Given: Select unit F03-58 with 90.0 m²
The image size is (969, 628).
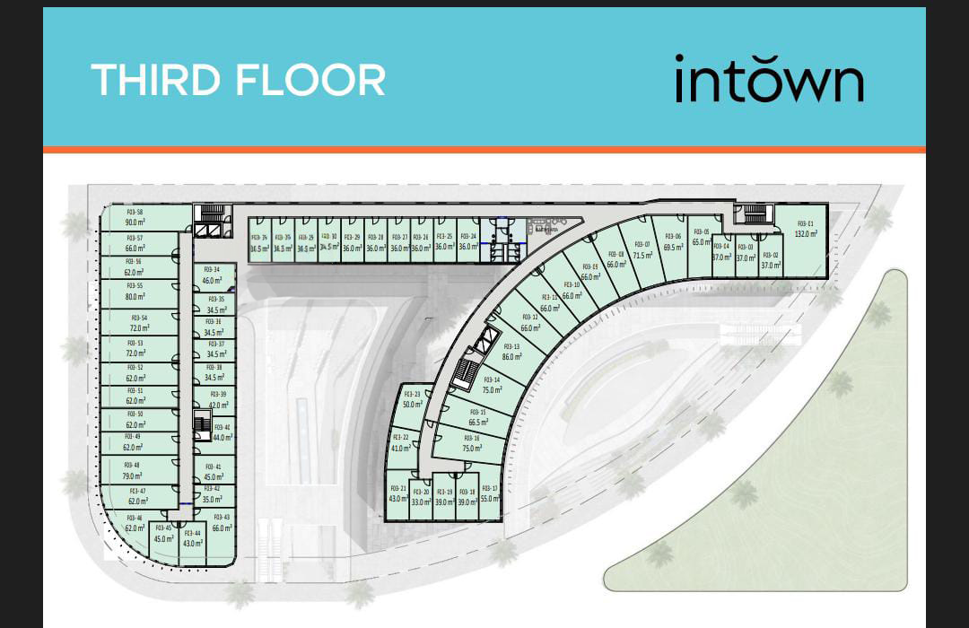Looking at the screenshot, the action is coord(135,217).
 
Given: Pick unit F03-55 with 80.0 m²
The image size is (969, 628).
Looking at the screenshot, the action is coord(135,292).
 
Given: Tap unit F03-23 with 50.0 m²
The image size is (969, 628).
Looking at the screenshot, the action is coord(412,399).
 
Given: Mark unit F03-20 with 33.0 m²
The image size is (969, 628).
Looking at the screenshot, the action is coord(420,498).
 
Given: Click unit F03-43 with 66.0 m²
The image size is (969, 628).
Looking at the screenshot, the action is coord(221,523).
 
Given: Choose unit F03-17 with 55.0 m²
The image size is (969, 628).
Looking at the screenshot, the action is coord(489,494).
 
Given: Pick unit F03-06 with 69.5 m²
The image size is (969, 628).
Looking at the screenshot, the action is coord(673,242).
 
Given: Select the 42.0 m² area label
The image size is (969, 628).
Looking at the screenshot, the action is coord(218,406).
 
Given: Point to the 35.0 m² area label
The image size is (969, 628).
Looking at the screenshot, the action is coord(211,500).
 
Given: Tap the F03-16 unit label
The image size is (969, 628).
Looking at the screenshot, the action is coord(472,439).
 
